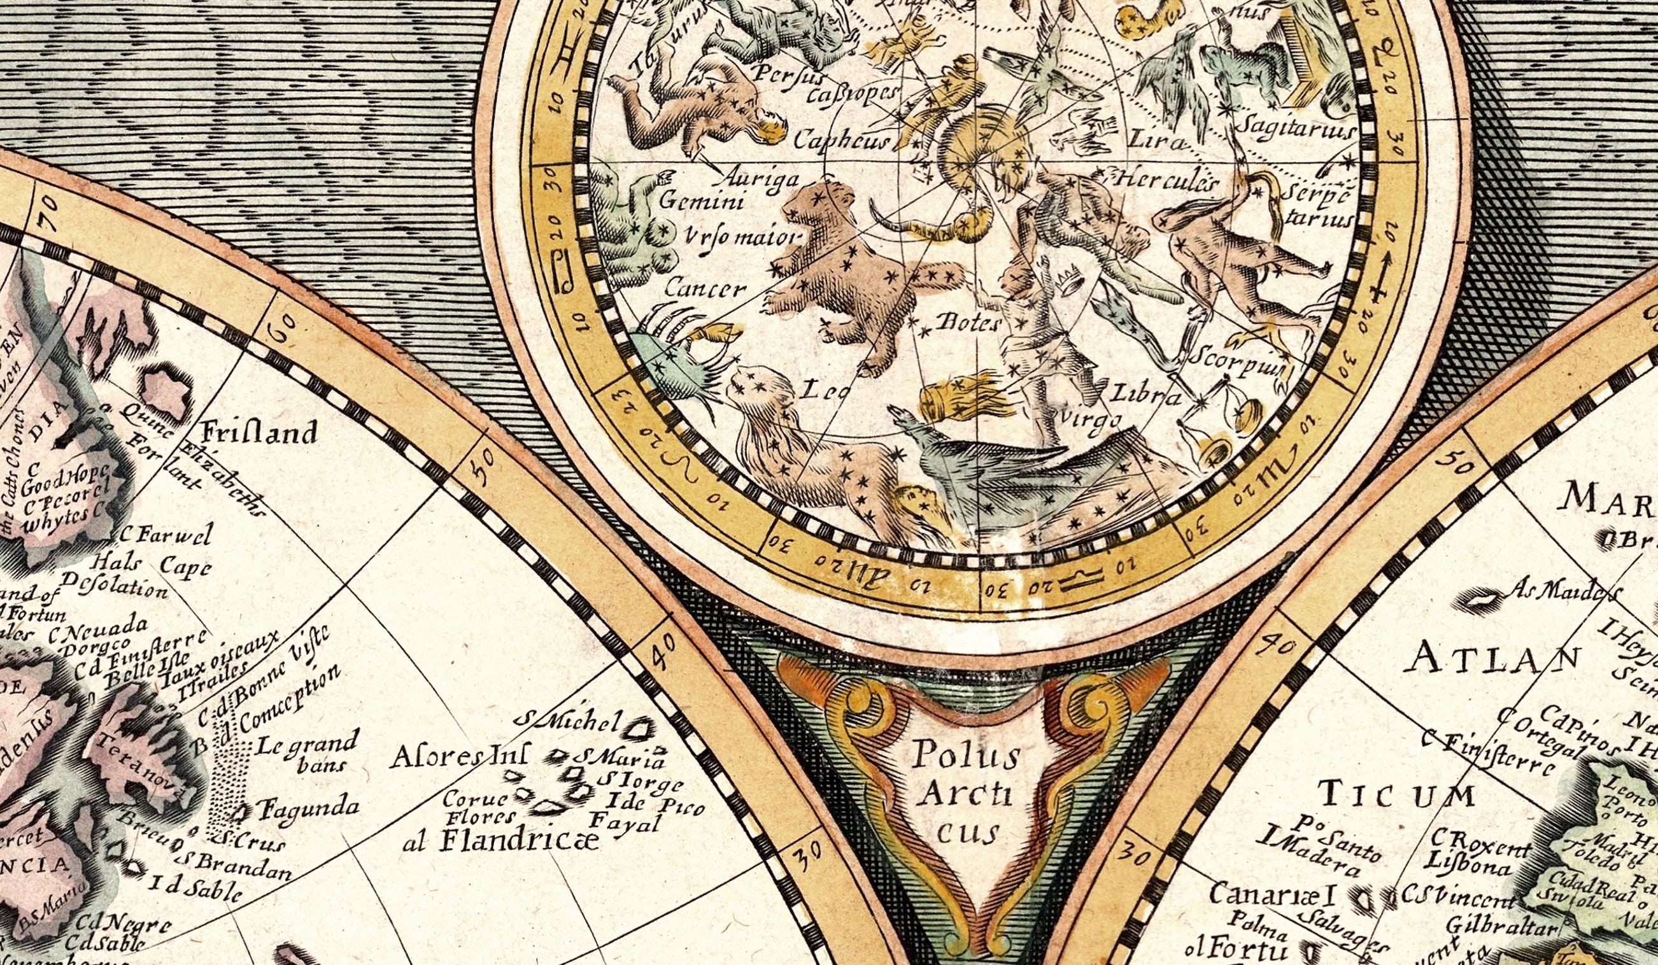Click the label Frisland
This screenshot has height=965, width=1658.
258,433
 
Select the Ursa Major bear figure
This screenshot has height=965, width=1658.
849,276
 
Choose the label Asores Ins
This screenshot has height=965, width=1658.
458,757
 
